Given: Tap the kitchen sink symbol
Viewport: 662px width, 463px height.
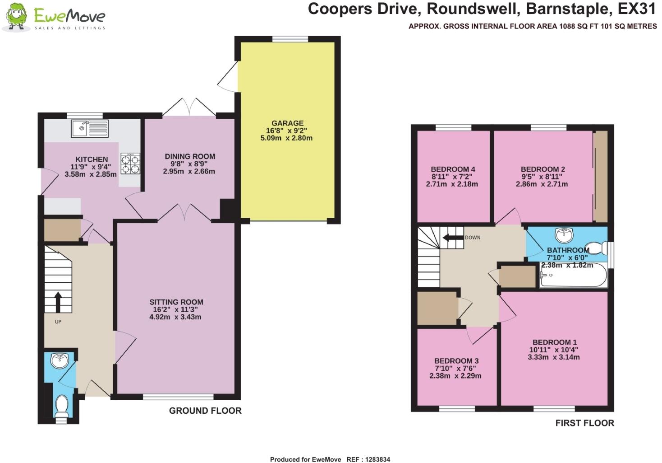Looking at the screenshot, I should coord(89,129).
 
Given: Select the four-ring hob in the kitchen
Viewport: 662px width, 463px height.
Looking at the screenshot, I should coord(130,164).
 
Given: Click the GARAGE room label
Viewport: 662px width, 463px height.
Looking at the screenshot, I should coord(287,123).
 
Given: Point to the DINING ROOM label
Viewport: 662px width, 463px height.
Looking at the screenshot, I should coord(189,156).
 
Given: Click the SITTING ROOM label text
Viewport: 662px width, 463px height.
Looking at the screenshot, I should coord(176,302).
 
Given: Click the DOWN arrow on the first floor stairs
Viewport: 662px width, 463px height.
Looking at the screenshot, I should coord(452,238).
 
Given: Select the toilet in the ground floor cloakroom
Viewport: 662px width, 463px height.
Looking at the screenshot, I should coord(61,405).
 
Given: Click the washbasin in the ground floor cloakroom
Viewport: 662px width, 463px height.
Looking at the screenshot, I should coord(60,361).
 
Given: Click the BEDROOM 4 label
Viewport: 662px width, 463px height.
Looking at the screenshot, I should coord(453,169).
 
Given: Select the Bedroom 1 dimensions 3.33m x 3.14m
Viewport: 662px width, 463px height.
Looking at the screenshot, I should coord(554,357).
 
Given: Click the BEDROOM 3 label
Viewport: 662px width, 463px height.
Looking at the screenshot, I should coord(456,361).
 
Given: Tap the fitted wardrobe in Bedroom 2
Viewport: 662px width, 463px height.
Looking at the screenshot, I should coord(600,177).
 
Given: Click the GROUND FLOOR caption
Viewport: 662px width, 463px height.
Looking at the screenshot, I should coord(205,411).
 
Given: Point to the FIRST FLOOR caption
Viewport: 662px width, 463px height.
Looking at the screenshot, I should coord(584,423).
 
